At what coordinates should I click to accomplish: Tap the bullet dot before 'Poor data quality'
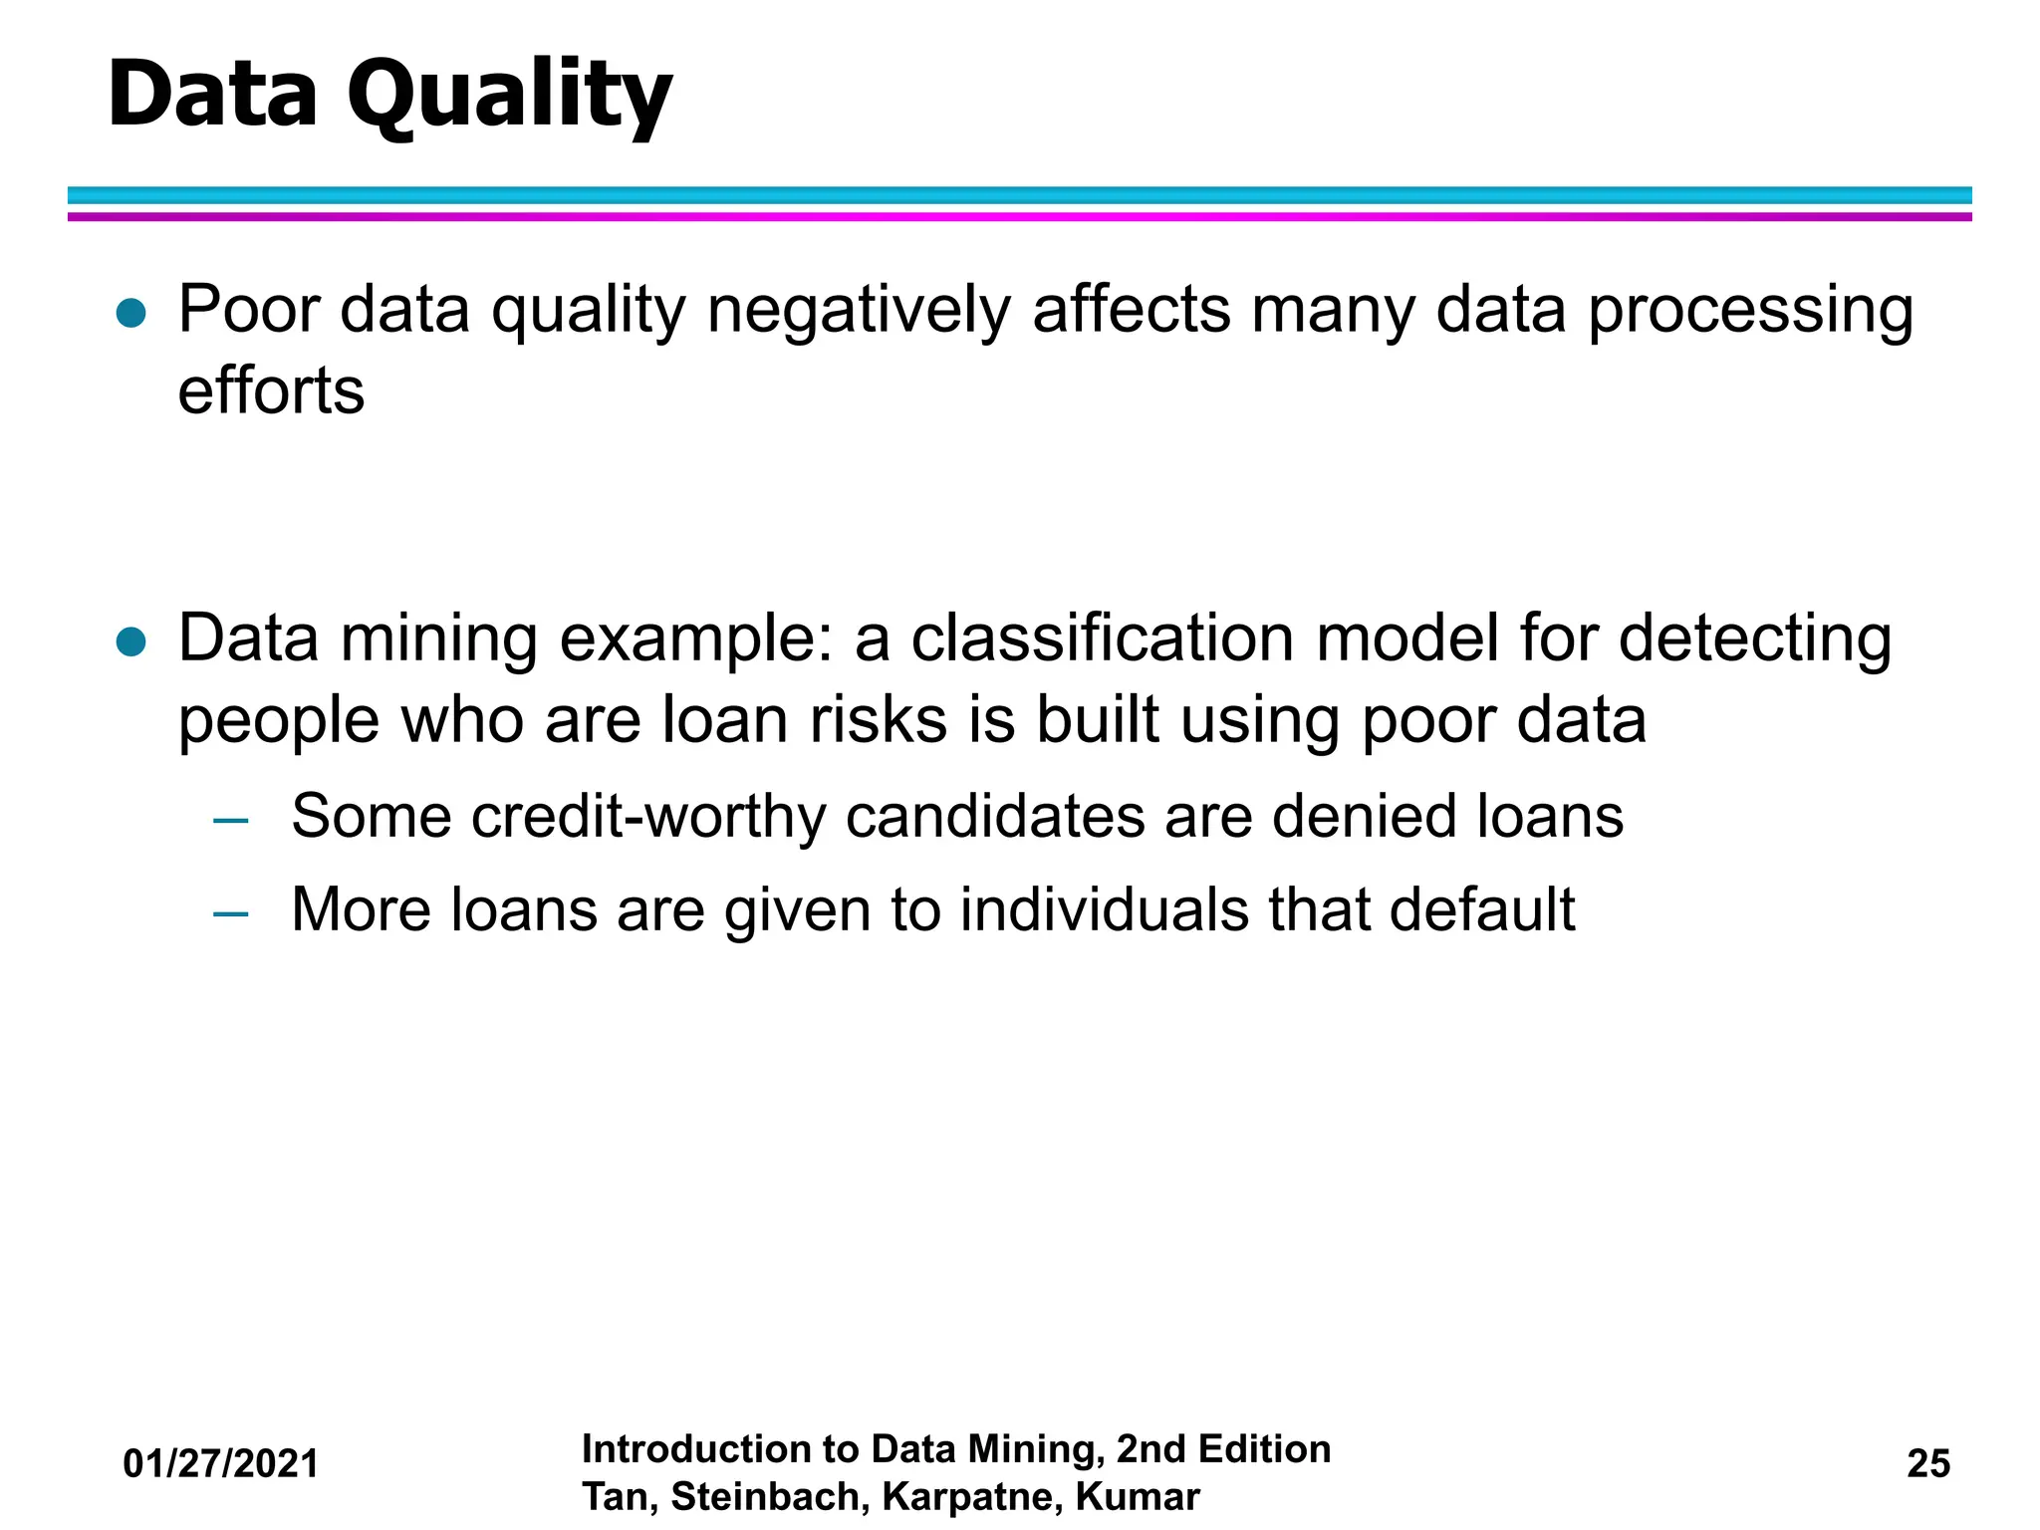click(131, 314)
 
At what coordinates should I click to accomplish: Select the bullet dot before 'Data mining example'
click(131, 642)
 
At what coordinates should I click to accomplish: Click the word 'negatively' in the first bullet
click(858, 311)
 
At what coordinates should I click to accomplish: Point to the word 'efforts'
click(271, 390)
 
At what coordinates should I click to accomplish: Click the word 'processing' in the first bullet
click(1750, 311)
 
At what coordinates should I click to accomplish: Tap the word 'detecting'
click(1754, 639)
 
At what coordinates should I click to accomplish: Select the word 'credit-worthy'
click(648, 817)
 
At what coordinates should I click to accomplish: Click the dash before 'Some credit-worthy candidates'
click(231, 821)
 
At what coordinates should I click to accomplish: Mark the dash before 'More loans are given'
click(231, 913)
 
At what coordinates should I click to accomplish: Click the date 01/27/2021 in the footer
click(220, 1463)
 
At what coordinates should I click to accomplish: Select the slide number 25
click(1928, 1463)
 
